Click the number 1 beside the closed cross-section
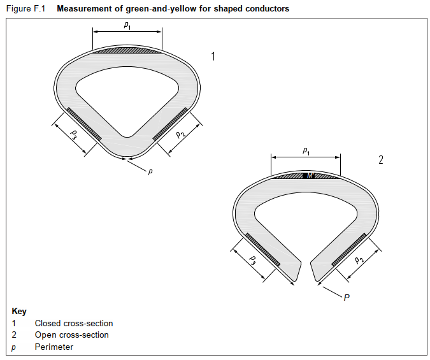[213, 57]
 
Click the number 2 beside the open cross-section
[381, 160]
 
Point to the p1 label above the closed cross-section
[127, 25]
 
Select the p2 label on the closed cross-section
[181, 133]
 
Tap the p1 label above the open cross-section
[306, 151]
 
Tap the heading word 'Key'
[19, 312]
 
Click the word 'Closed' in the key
[48, 323]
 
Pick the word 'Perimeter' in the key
[54, 347]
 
